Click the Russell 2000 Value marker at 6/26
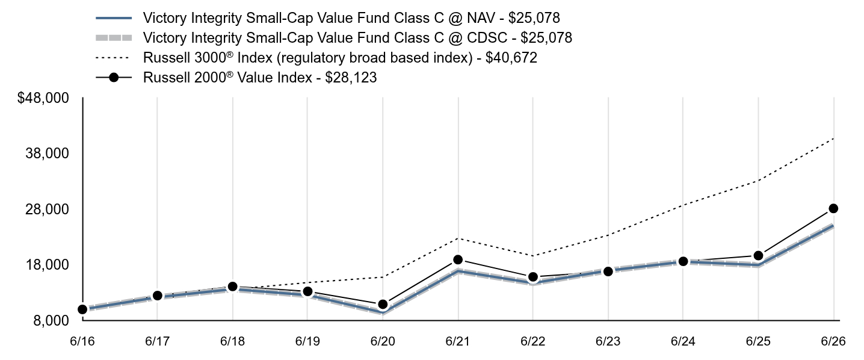pos(833,208)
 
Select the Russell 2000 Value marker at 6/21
pos(458,259)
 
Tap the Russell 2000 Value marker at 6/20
pos(383,305)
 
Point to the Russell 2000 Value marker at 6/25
pos(758,255)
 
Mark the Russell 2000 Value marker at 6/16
pos(82,309)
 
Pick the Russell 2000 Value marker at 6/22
pos(533,277)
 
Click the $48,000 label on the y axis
pos(43,98)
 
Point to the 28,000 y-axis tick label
pos(47,209)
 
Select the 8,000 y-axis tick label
pos(51,321)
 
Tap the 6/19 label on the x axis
pos(307,341)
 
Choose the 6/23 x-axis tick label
pos(608,341)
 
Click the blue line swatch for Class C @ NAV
pos(114,18)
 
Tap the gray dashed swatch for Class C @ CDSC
pos(114,38)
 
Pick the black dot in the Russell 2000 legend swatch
pos(114,78)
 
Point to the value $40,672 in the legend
pos(511,58)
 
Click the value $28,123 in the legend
pos(351,78)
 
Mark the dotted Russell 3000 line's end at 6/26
pos(833,138)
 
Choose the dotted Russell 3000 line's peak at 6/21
pos(458,238)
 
